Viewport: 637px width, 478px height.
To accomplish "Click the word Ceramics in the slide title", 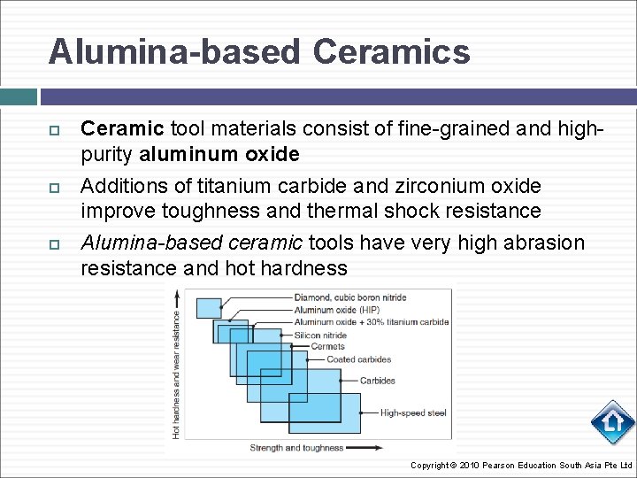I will (x=391, y=52).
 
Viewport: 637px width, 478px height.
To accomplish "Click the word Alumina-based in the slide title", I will (x=174, y=52).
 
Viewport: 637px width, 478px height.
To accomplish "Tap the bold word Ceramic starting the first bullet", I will (x=122, y=129).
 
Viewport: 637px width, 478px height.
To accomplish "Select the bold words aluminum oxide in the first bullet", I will (x=219, y=154).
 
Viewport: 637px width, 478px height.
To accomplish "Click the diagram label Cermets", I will (x=328, y=346).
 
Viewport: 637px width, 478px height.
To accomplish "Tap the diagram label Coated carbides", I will (x=358, y=359).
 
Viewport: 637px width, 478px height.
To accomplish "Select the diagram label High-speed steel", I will (x=413, y=412).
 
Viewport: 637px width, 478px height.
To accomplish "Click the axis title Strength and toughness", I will (x=297, y=448).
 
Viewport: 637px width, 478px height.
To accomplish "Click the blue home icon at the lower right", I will (x=612, y=423).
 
